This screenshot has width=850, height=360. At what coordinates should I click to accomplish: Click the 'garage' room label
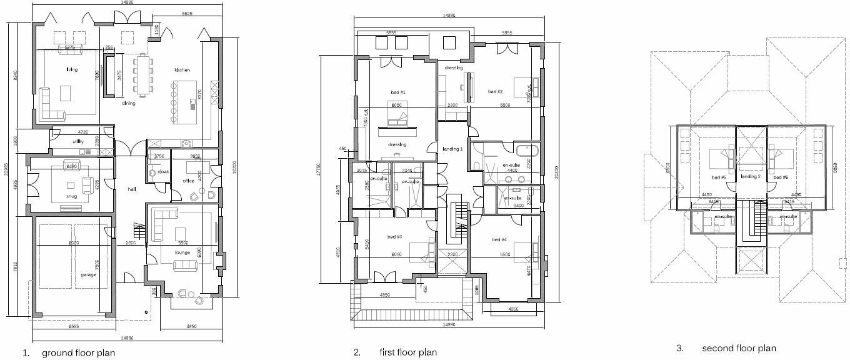pos(88,274)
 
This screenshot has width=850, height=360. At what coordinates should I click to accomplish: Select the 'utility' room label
pos(78,142)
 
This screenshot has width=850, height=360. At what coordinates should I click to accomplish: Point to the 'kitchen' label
pos(182,70)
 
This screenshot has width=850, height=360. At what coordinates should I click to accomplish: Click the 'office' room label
pos(189,181)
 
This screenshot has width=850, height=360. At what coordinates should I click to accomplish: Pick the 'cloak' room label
pos(164,171)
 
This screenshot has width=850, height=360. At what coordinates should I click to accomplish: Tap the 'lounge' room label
pos(183,252)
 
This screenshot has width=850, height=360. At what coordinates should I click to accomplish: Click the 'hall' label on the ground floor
pos(132,189)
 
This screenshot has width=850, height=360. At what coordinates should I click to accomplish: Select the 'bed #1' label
pos(398,92)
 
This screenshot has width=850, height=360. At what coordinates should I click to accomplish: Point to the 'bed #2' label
pos(496,91)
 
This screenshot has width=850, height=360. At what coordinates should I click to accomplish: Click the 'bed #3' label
pos(394,236)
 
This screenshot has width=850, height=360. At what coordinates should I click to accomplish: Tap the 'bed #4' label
pos(499,239)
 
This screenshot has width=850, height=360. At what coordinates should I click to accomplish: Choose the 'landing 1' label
pos(452,149)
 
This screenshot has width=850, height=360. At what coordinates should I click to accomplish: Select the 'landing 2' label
pos(751,177)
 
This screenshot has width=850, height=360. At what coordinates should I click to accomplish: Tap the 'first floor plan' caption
pos(407,352)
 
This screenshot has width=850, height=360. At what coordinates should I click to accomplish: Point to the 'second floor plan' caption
pos(739,348)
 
